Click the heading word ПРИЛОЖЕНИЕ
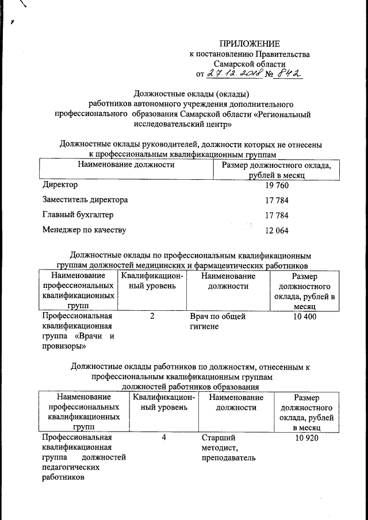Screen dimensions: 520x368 click(x=250, y=44)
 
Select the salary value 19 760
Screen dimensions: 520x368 click(x=277, y=186)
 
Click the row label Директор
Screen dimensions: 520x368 click(x=60, y=185)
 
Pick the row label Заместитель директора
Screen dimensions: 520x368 click(x=85, y=200)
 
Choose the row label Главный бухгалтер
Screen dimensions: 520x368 click(x=78, y=215)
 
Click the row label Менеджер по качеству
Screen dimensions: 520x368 click(x=84, y=230)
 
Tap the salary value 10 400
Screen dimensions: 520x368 click(x=304, y=317)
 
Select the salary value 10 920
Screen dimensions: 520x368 click(x=306, y=438)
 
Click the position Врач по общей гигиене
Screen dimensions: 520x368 click(x=217, y=321)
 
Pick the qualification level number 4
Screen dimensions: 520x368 click(x=164, y=438)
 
